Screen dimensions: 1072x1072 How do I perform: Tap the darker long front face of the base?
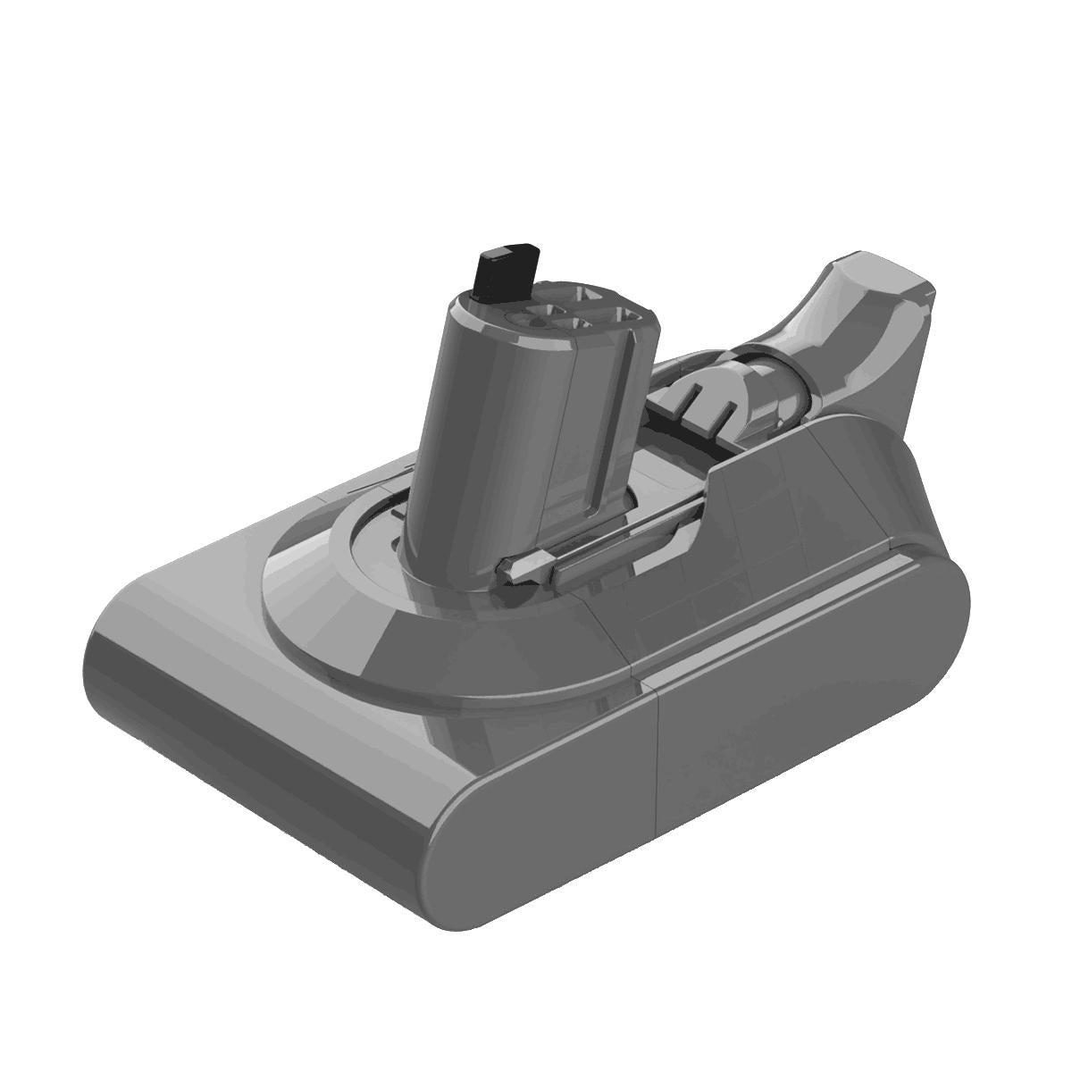click(x=268, y=741)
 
